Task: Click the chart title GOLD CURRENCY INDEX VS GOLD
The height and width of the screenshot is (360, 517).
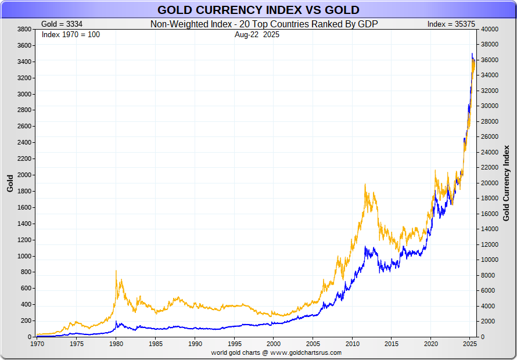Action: (258, 10)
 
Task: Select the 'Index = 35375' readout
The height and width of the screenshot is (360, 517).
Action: (447, 24)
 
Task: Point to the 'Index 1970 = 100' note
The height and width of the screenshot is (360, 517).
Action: (71, 34)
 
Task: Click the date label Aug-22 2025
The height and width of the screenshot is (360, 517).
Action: (258, 34)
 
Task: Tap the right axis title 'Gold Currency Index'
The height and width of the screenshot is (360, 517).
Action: (506, 183)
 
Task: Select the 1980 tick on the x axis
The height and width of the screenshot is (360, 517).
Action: (116, 344)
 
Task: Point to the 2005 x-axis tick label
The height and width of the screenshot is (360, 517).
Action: (313, 344)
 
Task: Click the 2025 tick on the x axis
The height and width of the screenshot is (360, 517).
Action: (469, 344)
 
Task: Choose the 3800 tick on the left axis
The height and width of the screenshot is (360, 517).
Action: (24, 29)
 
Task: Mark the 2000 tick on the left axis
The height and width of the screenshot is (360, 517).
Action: (24, 175)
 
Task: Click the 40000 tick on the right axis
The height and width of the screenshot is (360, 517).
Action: (490, 29)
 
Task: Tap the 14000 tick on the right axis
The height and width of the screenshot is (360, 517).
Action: (490, 229)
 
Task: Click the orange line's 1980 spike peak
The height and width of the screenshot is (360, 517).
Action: (116, 271)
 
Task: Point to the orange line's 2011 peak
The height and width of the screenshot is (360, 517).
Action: (365, 185)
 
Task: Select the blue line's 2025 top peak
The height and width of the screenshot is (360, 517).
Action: (472, 54)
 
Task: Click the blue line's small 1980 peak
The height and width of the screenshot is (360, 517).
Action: (116, 322)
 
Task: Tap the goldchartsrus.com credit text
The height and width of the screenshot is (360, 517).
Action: (276, 352)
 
